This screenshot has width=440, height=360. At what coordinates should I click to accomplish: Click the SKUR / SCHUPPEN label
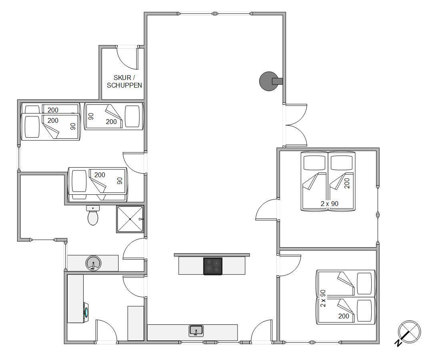tap(124, 81)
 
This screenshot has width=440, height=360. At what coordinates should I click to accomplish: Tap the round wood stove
tap(268, 81)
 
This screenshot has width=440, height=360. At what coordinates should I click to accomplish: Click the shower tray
tap(130, 219)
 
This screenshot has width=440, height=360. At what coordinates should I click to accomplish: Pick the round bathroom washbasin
tap(93, 263)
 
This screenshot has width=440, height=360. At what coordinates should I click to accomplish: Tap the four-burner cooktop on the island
tap(213, 266)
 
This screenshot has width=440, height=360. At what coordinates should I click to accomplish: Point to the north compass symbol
tap(409, 332)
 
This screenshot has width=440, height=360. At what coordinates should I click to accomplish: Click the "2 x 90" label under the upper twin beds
tap(330, 204)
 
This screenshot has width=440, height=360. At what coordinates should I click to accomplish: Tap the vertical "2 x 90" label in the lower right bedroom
tap(323, 298)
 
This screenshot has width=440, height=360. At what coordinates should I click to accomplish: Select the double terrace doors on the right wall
tap(296, 125)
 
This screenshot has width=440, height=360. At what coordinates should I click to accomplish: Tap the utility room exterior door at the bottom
tap(106, 331)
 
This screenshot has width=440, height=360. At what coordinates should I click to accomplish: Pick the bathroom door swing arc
tap(134, 249)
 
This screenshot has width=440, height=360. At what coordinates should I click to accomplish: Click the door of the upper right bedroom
tap(266, 209)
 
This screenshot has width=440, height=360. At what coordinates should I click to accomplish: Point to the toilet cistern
tap(93, 208)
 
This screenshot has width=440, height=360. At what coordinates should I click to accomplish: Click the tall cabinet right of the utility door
tap(136, 323)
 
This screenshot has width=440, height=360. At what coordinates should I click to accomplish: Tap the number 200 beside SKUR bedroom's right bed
tap(111, 122)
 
